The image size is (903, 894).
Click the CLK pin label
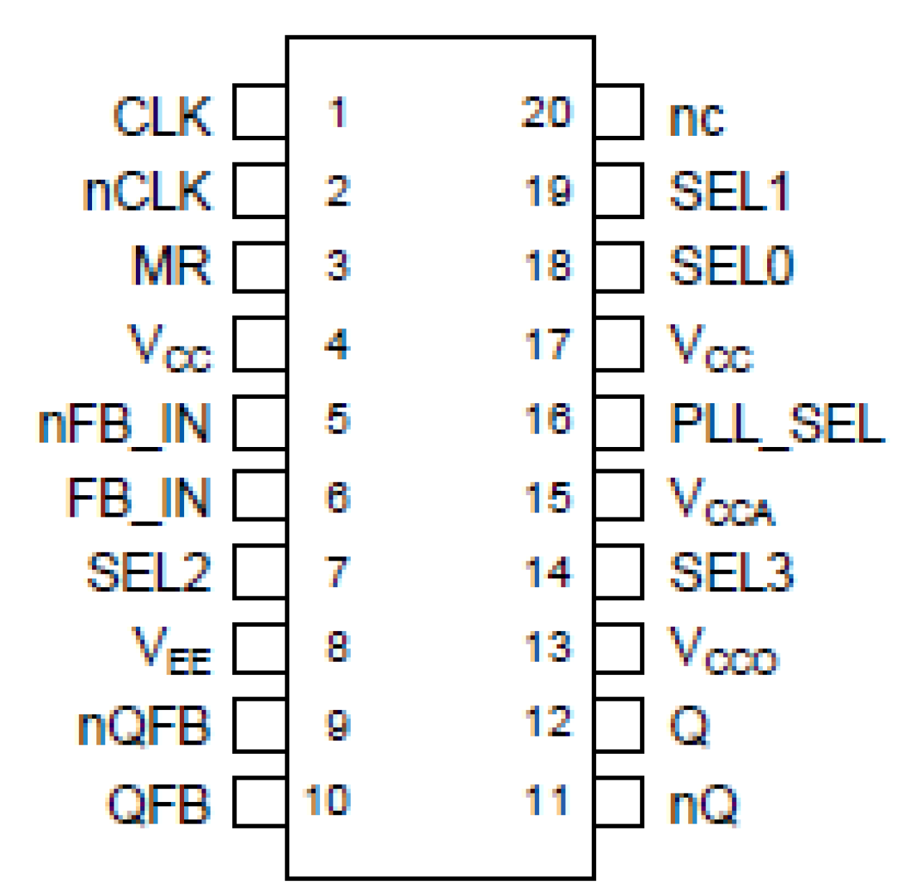coord(162,116)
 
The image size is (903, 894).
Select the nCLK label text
coord(147,191)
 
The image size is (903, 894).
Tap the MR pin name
coord(171,266)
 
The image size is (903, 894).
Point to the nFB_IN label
coord(124,424)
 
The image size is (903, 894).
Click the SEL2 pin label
coord(149,572)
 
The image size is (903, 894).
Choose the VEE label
coord(171,650)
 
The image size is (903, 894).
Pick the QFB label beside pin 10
coord(159,804)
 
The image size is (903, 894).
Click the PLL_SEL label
coord(776,424)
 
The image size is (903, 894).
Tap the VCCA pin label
coord(722,502)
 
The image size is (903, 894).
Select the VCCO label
coord(723,651)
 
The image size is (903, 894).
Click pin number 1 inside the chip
coord(337,113)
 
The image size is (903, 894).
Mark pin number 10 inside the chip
coord(327,800)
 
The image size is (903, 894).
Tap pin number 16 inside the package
coord(548,419)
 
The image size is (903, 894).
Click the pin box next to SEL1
coord(619,190)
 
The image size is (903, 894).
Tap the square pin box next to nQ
coord(619,801)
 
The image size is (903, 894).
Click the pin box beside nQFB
coord(260,725)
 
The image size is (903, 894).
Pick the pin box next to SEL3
coord(619,571)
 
